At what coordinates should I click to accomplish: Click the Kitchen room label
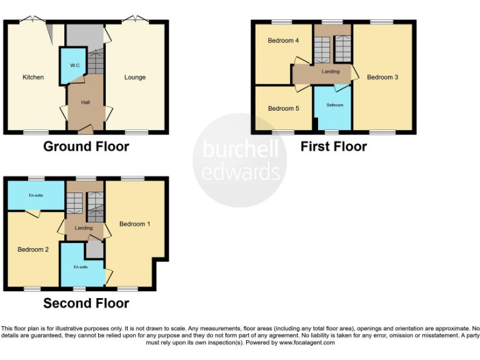coord(33,77)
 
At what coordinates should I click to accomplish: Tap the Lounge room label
coord(135,77)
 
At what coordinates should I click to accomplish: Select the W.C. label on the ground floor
coord(75,65)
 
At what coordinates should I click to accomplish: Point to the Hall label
coord(86,102)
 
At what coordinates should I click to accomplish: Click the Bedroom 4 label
coord(283,41)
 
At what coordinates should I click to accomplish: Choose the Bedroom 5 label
coord(283,109)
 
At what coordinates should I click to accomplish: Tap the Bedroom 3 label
coord(382,77)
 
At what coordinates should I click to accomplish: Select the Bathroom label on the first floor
coord(334,105)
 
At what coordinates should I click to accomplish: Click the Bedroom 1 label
coord(135,224)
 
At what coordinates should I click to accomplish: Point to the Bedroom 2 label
coord(33,250)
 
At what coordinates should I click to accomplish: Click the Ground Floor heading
coord(86,147)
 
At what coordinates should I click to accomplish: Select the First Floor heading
coord(333,147)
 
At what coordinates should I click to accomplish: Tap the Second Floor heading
coord(86,304)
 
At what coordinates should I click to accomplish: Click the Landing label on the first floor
coord(331,72)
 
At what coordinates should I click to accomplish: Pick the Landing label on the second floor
coord(83,228)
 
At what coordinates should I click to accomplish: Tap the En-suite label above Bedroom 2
coord(35,196)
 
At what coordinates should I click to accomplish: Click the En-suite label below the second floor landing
coord(81,267)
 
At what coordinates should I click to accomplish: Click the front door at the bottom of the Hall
coord(86,129)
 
